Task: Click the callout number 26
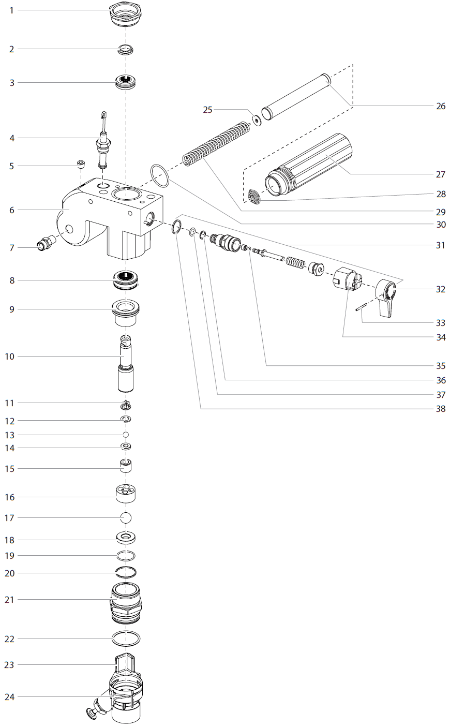[440, 106]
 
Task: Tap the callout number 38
[440, 409]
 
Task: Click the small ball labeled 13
[126, 435]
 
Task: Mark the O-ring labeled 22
[126, 639]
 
